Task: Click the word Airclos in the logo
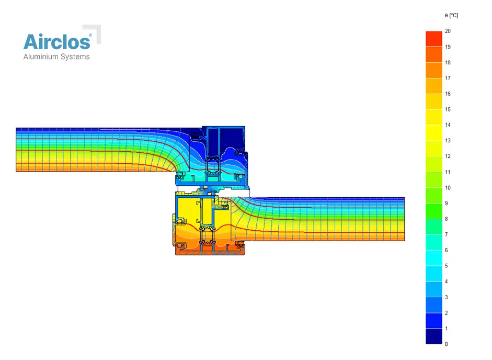pos(57,42)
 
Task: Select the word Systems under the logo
pos(75,57)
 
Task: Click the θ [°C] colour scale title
pos(451,15)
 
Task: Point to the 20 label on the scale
pos(448,31)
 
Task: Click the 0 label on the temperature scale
pos(447,344)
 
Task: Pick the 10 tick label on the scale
pos(448,187)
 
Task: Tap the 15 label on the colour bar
pos(448,109)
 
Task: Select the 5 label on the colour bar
pos(447,266)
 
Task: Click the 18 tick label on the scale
pos(448,62)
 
